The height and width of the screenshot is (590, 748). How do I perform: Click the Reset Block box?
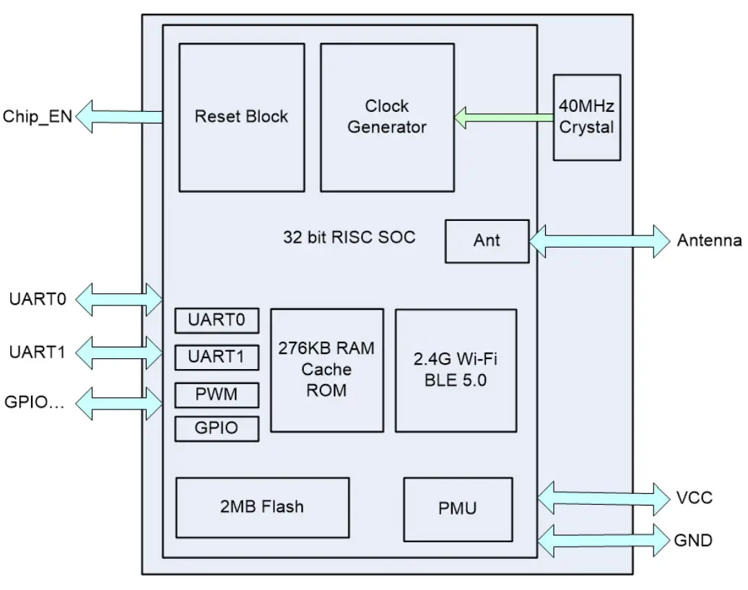coord(240,117)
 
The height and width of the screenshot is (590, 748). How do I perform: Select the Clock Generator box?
coord(386,117)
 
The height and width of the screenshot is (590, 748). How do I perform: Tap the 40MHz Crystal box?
coord(586,117)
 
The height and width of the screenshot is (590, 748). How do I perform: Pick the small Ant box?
coord(487,240)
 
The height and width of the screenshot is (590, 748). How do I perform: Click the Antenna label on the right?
coord(708,240)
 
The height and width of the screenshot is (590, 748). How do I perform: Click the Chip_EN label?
coord(38,117)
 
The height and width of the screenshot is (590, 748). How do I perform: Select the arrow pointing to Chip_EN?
coord(119,117)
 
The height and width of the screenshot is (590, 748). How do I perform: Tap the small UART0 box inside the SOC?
coord(217,321)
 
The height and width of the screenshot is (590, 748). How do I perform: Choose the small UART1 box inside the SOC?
coord(217,357)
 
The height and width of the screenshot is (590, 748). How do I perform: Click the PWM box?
coord(217,395)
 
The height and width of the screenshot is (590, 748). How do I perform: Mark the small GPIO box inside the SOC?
coord(217,428)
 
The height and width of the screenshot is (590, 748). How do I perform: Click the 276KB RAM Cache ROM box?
coord(326,370)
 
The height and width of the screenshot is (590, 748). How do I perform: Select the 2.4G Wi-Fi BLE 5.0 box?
coord(456,370)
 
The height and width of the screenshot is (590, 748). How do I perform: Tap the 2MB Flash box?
coord(262,507)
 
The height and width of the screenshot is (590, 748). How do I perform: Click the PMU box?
coord(458,508)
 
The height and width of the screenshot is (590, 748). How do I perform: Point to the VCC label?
coord(694,498)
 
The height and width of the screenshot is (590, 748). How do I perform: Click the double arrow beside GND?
coord(604,539)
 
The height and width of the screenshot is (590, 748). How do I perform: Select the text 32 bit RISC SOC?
coord(349,238)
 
